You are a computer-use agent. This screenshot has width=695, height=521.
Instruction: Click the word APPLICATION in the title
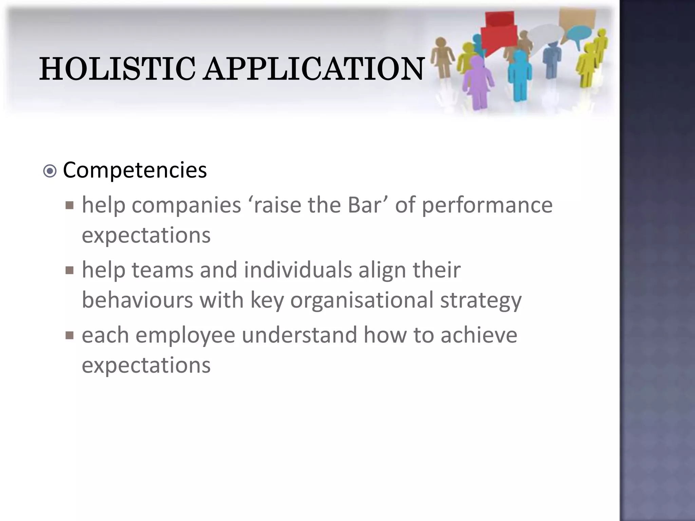coord(314,69)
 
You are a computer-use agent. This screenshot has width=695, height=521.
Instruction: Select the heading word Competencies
coord(135,170)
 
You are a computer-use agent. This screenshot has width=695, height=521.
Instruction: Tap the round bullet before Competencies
coord(50,171)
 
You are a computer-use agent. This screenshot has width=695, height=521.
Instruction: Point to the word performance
coord(487,206)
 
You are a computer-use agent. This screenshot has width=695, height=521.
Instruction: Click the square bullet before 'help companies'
coord(70,205)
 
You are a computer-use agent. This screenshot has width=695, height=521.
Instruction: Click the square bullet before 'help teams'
coord(70,270)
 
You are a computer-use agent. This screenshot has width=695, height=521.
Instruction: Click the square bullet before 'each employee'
coord(70,335)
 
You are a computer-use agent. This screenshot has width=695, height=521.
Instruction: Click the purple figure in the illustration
coord(478,81)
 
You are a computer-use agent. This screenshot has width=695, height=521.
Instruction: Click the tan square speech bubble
coord(577,17)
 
